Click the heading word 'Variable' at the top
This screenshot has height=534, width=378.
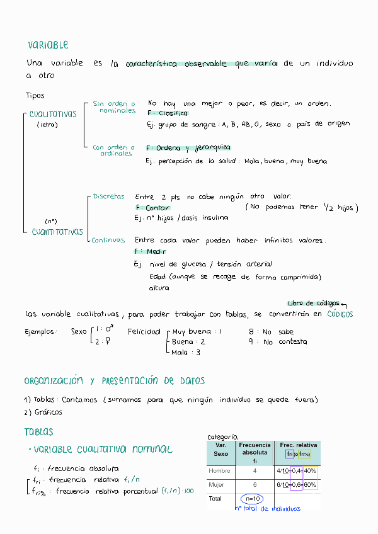click(48, 45)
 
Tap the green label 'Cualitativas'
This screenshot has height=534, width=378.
click(53, 115)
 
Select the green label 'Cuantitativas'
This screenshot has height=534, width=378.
click(57, 232)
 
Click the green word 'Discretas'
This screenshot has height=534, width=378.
click(108, 196)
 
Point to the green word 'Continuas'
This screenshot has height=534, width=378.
click(108, 240)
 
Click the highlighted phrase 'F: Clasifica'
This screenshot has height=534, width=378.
click(167, 113)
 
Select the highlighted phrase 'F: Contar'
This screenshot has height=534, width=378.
click(152, 207)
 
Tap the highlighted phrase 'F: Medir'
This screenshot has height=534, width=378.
click(150, 251)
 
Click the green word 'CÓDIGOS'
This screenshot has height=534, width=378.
click(340, 314)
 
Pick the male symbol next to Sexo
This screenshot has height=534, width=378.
click(108, 329)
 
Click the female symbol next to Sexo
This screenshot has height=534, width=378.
click(108, 342)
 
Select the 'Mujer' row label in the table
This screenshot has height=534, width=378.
click(216, 485)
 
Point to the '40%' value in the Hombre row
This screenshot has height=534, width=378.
click(309, 470)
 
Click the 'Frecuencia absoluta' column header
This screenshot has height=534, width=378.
click(255, 448)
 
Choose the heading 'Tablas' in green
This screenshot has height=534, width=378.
click(39, 432)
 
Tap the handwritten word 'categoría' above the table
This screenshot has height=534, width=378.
click(222, 436)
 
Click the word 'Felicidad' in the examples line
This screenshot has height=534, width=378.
click(144, 331)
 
